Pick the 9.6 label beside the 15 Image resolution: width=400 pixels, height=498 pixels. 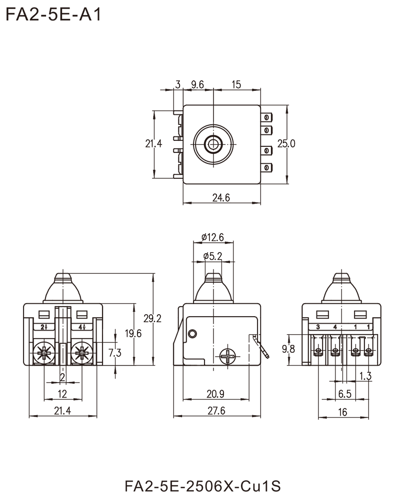point(196,85)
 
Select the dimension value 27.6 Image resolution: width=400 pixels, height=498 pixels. point(216,410)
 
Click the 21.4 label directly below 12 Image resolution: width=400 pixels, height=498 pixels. point(63,410)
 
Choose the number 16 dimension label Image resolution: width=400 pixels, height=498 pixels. point(344,410)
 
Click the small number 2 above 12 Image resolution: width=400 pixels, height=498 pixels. point(62,377)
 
